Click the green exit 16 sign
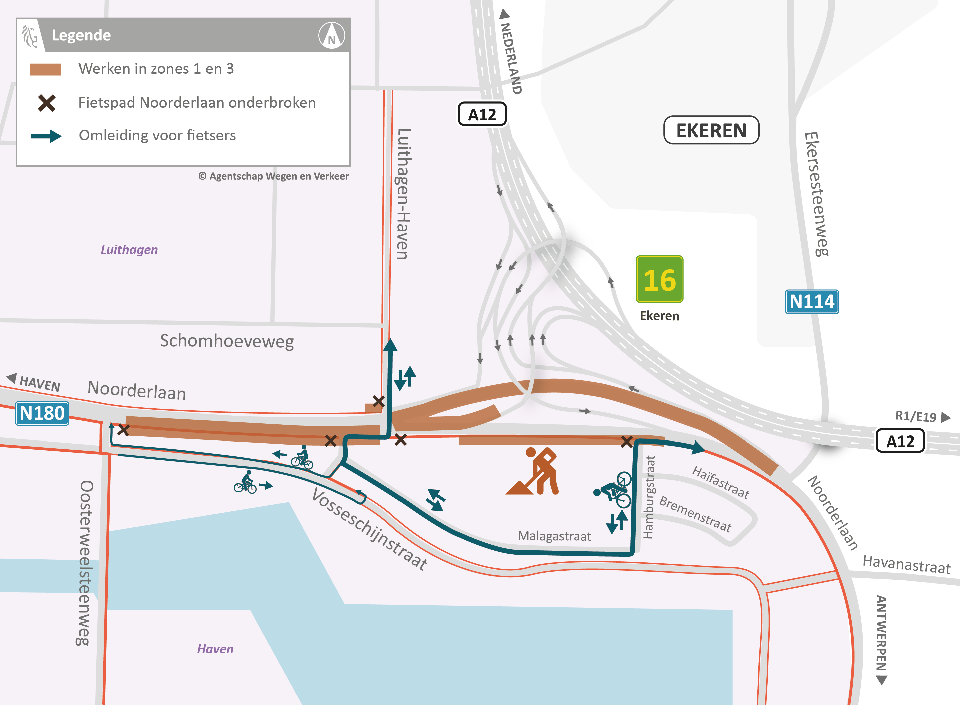pos(659,280)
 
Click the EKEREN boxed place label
pos(711,130)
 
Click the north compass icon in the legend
pos(332,36)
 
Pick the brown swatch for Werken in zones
pos(46,69)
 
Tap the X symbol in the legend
pos(46,103)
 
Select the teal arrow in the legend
pos(46,136)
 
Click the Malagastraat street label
pos(554,536)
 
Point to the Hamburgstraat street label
pos(648,497)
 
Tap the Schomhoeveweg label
pos(227,341)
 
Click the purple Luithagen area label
pos(129,250)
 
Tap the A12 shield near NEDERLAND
pos(482,114)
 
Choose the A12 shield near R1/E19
pos(900,441)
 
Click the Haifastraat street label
pos(721,483)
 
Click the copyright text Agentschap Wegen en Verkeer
pos(274,176)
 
